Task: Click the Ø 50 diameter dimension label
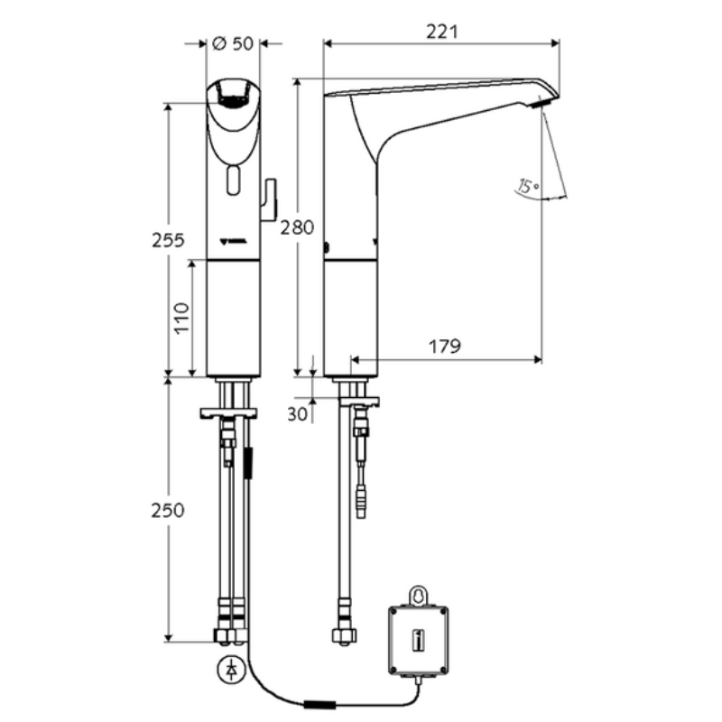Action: [233, 43]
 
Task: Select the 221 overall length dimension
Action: [442, 32]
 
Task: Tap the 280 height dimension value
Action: [298, 227]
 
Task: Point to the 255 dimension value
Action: [168, 240]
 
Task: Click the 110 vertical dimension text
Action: [182, 319]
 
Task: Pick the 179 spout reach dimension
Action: [445, 347]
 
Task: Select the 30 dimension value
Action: [297, 414]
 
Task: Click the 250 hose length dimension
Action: [168, 510]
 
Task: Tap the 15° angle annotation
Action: [528, 186]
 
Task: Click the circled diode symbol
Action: [231, 670]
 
